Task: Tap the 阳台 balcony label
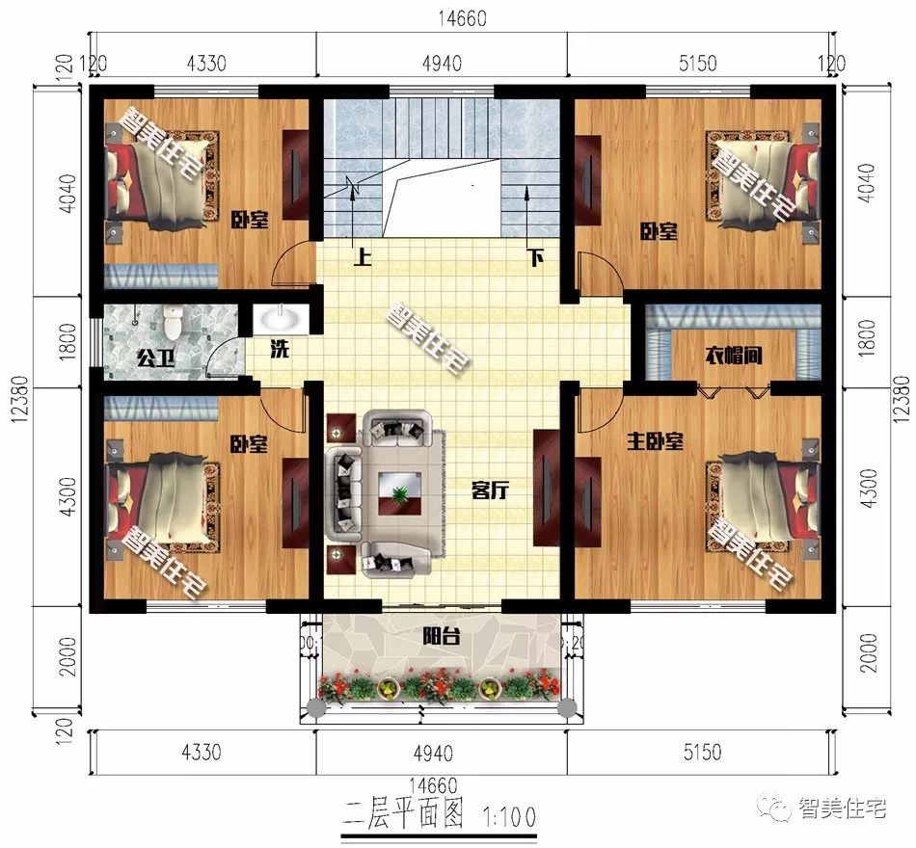tap(441, 636)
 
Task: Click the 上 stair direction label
tap(363, 258)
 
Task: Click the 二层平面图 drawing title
tap(404, 817)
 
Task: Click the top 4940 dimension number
tap(442, 64)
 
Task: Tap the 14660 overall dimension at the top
tap(458, 18)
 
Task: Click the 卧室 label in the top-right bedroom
tap(660, 232)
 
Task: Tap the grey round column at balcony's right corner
tap(568, 709)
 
